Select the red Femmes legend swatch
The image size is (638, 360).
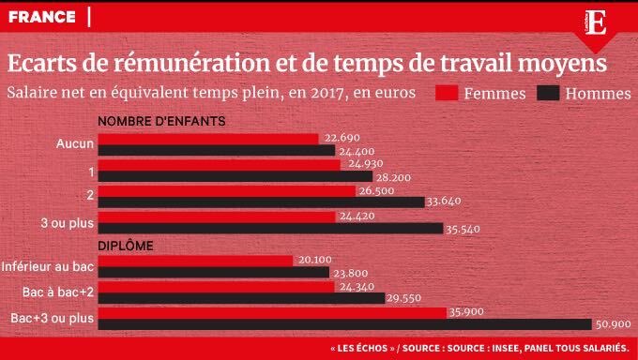click(447, 94)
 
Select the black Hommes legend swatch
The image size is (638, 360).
click(547, 94)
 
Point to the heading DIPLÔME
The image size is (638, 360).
click(127, 246)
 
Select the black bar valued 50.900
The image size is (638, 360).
click(344, 324)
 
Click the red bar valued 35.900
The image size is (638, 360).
click(272, 312)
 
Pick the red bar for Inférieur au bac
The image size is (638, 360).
click(195, 261)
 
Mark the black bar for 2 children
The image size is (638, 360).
click(261, 201)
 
